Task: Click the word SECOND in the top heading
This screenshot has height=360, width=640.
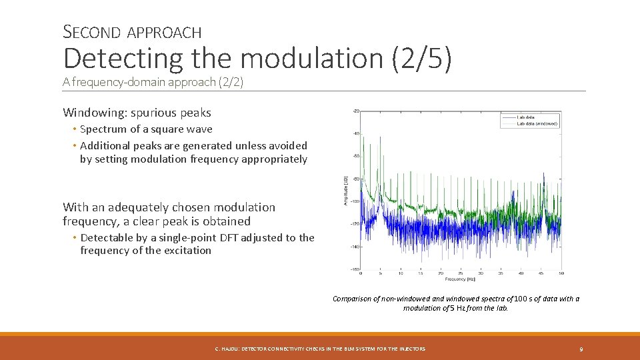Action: click(92, 31)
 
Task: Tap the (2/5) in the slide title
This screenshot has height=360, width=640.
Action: click(421, 59)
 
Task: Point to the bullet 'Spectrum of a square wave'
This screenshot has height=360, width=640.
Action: click(146, 129)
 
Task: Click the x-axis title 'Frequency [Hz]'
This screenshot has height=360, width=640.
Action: click(461, 279)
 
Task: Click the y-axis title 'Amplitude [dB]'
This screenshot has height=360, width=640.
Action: click(345, 190)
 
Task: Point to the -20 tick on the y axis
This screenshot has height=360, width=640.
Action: click(355, 111)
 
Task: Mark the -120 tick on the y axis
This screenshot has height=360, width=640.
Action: click(355, 224)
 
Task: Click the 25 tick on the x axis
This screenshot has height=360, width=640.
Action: click(461, 273)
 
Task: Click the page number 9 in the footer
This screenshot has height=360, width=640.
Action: click(581, 349)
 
